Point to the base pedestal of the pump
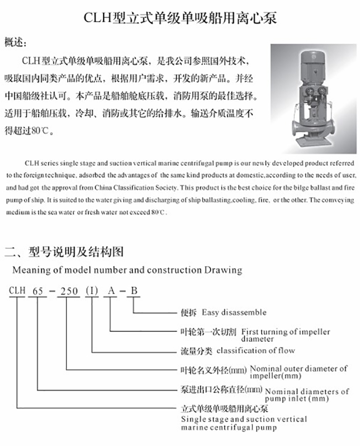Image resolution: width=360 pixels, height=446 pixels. [x=313, y=141]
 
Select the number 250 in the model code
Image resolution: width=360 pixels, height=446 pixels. [x=69, y=291]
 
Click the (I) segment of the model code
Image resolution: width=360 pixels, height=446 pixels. [x=92, y=291]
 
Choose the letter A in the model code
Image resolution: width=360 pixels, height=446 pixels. [x=111, y=291]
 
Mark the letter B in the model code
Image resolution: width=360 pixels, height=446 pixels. [x=134, y=291]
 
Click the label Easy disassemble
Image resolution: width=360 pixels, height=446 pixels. [x=234, y=312]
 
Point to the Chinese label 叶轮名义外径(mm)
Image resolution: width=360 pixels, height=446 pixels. [x=213, y=370]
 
